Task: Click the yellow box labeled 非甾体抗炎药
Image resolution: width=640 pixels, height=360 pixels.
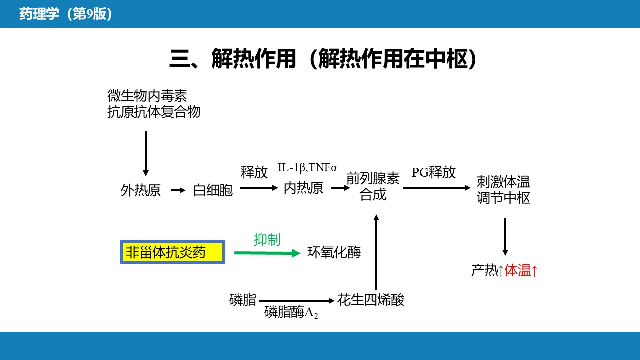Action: pyautogui.click(x=172, y=252)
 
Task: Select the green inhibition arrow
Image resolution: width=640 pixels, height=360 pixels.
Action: pyautogui.click(x=267, y=253)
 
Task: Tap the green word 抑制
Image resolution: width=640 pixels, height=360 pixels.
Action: pyautogui.click(x=267, y=240)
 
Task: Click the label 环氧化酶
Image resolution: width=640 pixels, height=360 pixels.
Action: pyautogui.click(x=334, y=253)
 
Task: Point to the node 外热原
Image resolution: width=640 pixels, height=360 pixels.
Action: pyautogui.click(x=141, y=190)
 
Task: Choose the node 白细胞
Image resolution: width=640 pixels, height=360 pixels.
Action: pyautogui.click(x=213, y=190)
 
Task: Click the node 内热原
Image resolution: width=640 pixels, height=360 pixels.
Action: pyautogui.click(x=303, y=188)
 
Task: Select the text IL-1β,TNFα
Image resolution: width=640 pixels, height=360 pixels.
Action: pyautogui.click(x=308, y=168)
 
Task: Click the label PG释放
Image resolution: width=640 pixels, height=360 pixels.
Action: pyautogui.click(x=434, y=172)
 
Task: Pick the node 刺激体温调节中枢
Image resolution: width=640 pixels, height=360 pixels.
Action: pyautogui.click(x=503, y=190)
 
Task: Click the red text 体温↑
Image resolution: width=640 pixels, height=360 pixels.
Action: pyautogui.click(x=521, y=271)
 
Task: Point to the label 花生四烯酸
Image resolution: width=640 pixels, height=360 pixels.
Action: pyautogui.click(x=371, y=300)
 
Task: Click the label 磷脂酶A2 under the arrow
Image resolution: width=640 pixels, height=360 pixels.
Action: pyautogui.click(x=291, y=313)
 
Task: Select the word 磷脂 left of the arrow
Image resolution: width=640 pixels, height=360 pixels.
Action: pyautogui.click(x=243, y=300)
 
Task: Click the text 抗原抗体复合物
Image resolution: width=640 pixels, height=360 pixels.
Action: pyautogui.click(x=154, y=112)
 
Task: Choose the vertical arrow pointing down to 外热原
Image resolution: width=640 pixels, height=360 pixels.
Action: pyautogui.click(x=146, y=153)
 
